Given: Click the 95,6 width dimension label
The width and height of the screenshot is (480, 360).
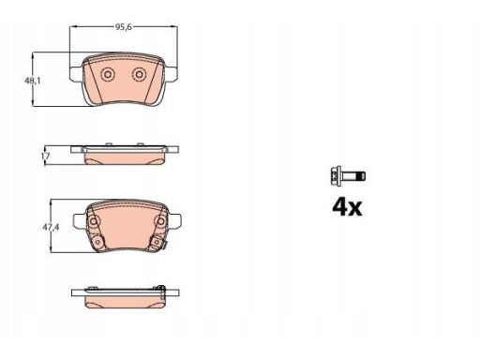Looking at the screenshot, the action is pyautogui.click(x=124, y=27).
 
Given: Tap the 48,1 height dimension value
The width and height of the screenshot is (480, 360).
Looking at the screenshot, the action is pyautogui.click(x=33, y=81).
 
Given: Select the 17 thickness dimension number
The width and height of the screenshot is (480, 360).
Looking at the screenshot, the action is pyautogui.click(x=45, y=156).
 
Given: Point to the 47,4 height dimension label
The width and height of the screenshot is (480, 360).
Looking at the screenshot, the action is pyautogui.click(x=51, y=227).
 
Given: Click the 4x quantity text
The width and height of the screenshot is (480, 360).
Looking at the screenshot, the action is pyautogui.click(x=347, y=206).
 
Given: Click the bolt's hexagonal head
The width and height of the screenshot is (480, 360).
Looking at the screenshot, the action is pyautogui.click(x=336, y=176).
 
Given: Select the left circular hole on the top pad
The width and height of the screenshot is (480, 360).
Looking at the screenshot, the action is pyautogui.click(x=108, y=75).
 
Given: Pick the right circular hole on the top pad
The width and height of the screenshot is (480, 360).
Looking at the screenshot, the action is pyautogui.click(x=139, y=74).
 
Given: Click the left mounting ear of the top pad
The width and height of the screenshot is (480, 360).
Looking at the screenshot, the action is pyautogui.click(x=75, y=74).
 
